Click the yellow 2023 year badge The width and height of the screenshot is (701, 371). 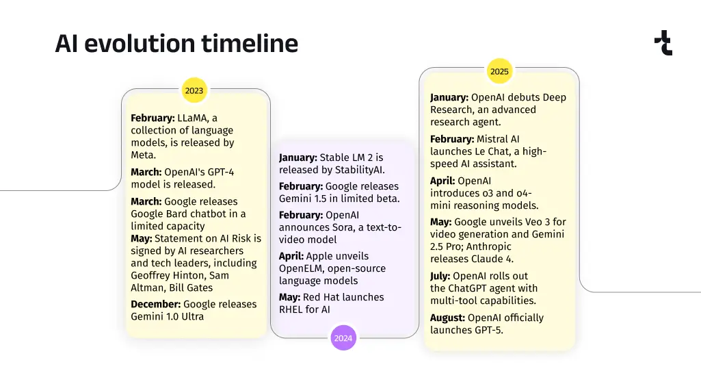[194, 90]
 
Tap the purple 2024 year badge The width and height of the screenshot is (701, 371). [343, 338]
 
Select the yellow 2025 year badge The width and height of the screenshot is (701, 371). [499, 71]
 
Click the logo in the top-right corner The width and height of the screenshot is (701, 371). [663, 43]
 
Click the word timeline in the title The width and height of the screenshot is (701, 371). [250, 43]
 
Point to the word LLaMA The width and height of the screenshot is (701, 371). [193, 118]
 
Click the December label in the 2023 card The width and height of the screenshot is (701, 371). [155, 305]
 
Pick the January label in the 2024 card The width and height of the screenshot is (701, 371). [297, 157]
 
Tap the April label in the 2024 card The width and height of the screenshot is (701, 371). [291, 257]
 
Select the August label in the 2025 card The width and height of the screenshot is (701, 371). [447, 318]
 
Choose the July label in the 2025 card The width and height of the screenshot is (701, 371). [440, 276]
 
